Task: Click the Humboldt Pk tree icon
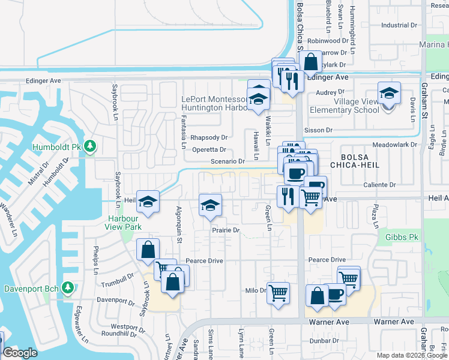tap(90, 146)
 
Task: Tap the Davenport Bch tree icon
tap(68, 289)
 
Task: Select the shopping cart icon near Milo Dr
tap(278, 293)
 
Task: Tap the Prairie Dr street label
tap(225, 230)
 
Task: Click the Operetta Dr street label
tap(208, 150)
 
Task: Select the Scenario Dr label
tap(228, 161)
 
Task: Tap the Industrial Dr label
tap(399, 25)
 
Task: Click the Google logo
tap(20, 353)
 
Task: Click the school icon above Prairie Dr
tap(209, 205)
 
